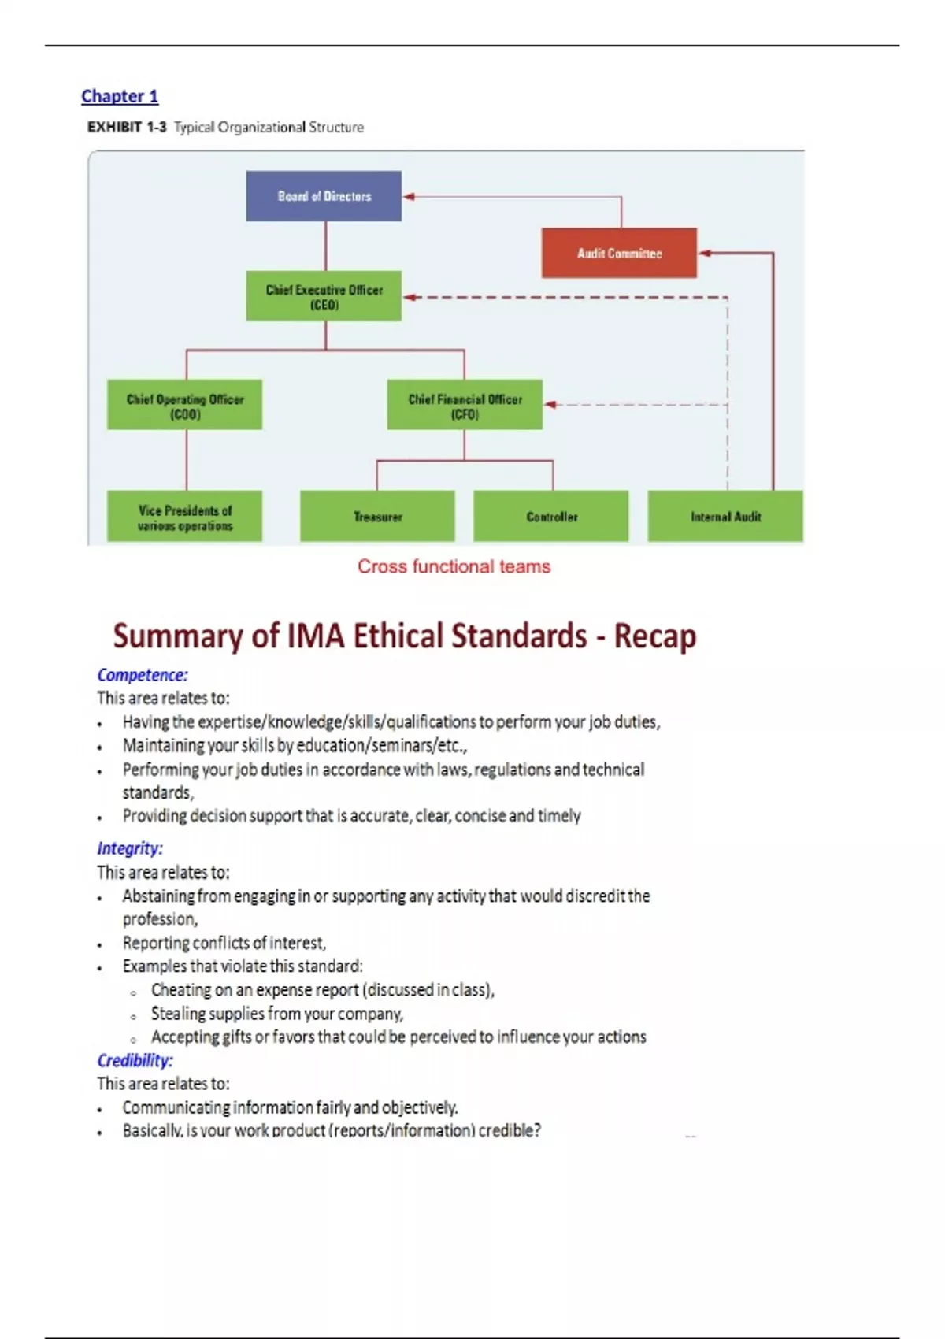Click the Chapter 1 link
[120, 96]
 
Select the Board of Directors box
[324, 196]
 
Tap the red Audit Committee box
[619, 253]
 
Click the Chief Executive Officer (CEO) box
[324, 296]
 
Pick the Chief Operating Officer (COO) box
[185, 406]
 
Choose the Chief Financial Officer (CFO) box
[465, 406]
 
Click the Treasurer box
[377, 517]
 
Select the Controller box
[551, 517]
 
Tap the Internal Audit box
[725, 517]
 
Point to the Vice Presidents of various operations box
[185, 517]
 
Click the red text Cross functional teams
[454, 566]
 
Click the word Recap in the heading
[655, 636]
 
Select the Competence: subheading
[143, 675]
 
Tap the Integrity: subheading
[130, 848]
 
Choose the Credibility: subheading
[135, 1060]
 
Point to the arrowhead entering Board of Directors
[408, 196]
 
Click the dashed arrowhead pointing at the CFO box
[550, 405]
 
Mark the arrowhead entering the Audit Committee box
[704, 253]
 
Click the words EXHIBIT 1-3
[127, 127]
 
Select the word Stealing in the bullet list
[179, 1014]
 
